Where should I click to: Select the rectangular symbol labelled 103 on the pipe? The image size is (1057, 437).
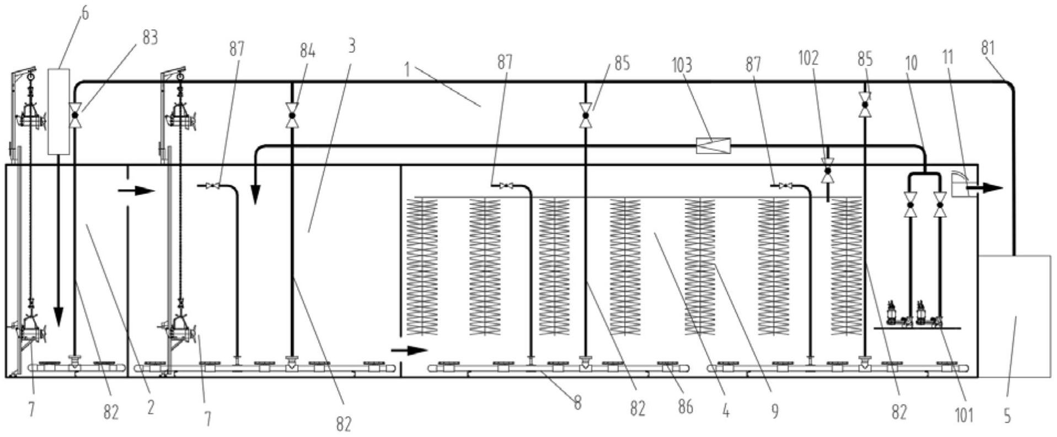tap(713, 146)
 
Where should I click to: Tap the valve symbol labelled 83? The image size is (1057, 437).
tap(74, 115)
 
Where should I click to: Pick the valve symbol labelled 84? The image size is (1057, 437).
tap(292, 115)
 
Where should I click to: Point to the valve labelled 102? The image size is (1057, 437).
tap(827, 172)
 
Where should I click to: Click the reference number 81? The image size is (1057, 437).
tap(988, 48)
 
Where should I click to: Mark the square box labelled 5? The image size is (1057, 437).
tap(1015, 316)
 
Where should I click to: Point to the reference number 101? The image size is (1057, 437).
tap(963, 415)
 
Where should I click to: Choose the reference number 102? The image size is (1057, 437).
tap(809, 57)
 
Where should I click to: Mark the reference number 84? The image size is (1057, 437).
tap(308, 51)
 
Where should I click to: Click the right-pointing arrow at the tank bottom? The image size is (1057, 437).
tap(409, 350)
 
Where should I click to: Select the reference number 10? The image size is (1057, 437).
tap(911, 62)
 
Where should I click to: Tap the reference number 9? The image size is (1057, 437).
tap(775, 411)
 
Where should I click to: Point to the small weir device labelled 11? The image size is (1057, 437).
tap(960, 184)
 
